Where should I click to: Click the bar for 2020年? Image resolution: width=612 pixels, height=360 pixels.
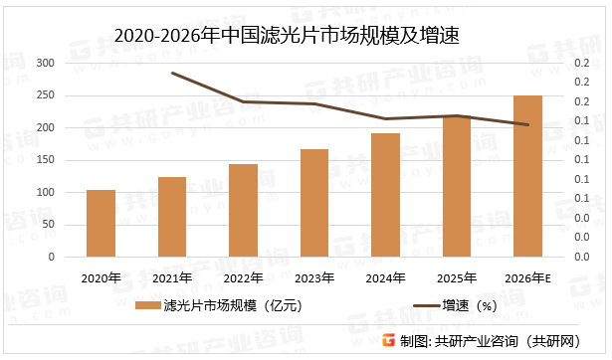click(101, 223)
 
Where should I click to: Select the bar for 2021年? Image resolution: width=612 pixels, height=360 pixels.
click(172, 217)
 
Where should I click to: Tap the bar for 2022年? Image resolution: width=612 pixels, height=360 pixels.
click(243, 210)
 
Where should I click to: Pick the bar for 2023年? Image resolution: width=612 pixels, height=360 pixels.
click(314, 203)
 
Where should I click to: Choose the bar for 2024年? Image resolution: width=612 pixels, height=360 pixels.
click(385, 195)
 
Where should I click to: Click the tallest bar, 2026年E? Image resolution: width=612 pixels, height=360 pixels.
click(527, 176)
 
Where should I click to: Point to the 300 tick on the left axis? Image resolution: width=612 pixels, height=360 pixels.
click(46, 63)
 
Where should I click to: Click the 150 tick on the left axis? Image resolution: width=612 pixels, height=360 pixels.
click(46, 160)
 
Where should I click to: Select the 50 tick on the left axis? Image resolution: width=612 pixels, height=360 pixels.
click(49, 225)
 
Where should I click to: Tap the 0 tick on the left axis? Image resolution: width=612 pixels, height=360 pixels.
click(52, 257)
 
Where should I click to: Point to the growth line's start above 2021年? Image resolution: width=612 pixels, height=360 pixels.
click(172, 73)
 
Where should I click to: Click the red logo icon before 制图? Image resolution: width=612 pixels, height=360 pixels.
click(388, 341)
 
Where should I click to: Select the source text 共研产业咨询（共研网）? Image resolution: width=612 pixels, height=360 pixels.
click(508, 342)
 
